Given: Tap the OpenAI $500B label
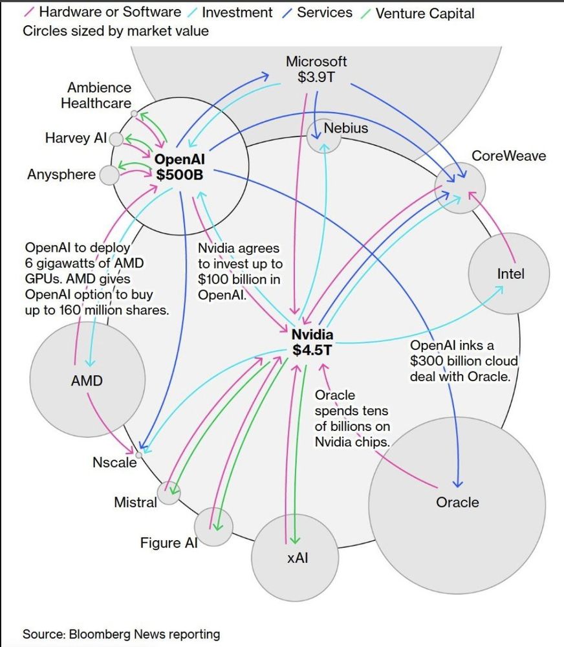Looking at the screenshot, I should click(180, 166).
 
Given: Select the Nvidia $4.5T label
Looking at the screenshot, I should click(312, 342).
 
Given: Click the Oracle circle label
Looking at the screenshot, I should click(457, 502).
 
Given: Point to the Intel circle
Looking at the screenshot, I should click(510, 274).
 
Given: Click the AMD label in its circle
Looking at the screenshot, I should click(87, 380).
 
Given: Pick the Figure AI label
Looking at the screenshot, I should click(168, 542).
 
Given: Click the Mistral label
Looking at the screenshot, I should click(135, 502).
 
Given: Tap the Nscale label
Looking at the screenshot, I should click(114, 463).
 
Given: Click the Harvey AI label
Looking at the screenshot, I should click(76, 138).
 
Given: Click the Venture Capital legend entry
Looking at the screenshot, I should click(424, 13).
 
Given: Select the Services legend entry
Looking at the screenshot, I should click(323, 12).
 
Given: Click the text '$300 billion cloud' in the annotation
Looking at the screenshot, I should click(464, 360).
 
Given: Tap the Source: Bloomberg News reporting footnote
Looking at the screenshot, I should click(121, 633).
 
